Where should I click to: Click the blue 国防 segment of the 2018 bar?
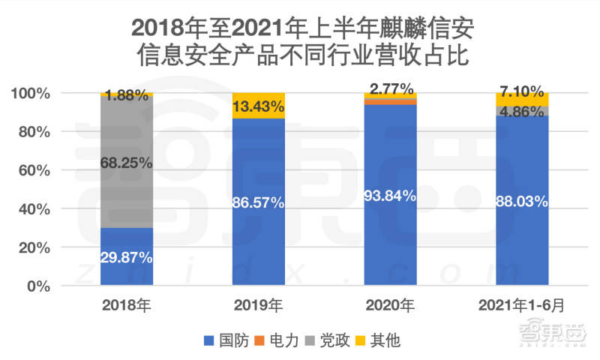127,256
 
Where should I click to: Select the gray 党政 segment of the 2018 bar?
127,162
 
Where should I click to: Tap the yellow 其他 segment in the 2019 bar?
259,106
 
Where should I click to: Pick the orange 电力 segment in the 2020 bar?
390,102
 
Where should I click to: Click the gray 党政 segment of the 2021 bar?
522,111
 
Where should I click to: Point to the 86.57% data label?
258,202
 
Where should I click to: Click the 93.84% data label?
390,196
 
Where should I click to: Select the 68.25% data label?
126,163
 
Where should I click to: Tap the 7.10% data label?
522,91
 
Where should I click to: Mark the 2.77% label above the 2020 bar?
391,89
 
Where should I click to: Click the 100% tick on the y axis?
31,93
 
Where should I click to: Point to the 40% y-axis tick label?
34,209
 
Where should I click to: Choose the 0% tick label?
39,286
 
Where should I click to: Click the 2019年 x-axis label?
258,305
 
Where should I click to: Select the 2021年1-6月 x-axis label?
521,305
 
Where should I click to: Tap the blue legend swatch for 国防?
209,340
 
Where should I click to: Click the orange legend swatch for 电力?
259,340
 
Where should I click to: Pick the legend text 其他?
385,340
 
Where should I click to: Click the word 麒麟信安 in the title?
427,28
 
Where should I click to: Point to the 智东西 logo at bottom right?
552,333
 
